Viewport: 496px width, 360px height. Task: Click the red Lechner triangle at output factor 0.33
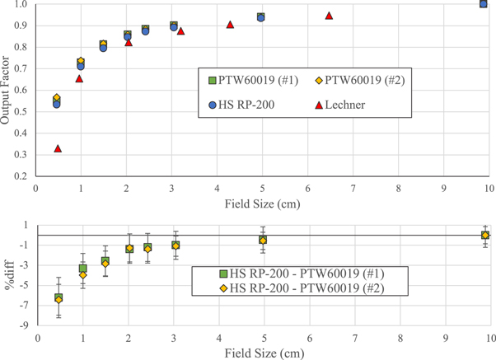(x=58, y=148)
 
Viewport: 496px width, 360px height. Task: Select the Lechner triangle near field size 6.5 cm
(x=329, y=16)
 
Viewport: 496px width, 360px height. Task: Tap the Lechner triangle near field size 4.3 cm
(x=230, y=25)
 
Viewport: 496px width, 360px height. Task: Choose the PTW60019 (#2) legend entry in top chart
(x=359, y=80)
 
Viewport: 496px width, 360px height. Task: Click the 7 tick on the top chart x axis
(x=353, y=188)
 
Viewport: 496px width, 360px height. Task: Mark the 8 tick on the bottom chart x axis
(x=400, y=338)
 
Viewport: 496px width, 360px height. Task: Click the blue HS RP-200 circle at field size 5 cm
(x=260, y=17)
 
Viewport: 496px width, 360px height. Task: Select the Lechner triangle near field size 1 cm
(x=80, y=78)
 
